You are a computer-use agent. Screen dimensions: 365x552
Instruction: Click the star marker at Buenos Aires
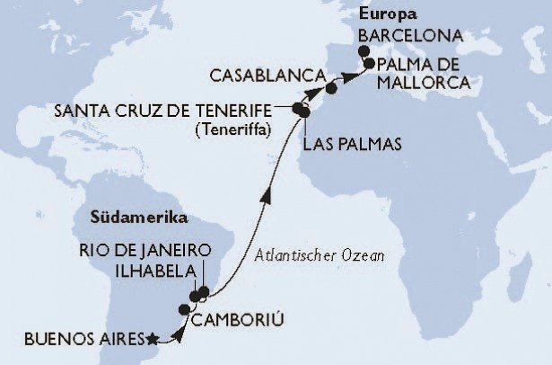coord(153,339)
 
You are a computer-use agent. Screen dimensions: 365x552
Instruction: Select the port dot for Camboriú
coord(184,309)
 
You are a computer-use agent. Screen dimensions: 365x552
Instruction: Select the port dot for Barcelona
coord(363,51)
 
